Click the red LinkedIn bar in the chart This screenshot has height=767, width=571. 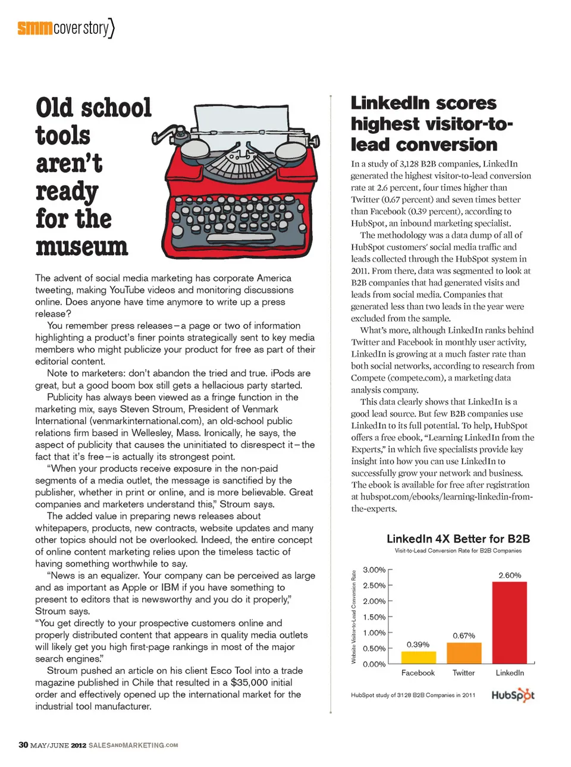pos(509,622)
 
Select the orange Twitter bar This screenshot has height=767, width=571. pos(464,653)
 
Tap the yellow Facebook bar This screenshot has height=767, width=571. pos(418,657)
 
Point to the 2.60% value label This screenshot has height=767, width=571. pos(510,576)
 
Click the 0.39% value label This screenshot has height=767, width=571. pos(418,645)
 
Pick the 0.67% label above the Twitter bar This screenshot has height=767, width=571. pos(464,636)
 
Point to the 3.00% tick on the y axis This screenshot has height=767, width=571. pos(374,570)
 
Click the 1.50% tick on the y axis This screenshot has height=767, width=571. pos(374,617)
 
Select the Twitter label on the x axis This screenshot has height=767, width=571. pos(463,673)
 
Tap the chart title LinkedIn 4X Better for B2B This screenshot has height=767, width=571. pos(458,539)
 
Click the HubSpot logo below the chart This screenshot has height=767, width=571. pos(513,695)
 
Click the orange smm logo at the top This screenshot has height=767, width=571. pos(34,28)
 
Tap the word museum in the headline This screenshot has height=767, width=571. pos(81,247)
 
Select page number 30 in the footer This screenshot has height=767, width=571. pos(23,745)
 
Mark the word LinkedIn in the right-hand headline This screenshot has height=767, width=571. pos(390,103)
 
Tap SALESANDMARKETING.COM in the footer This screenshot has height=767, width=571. pos(133,745)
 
